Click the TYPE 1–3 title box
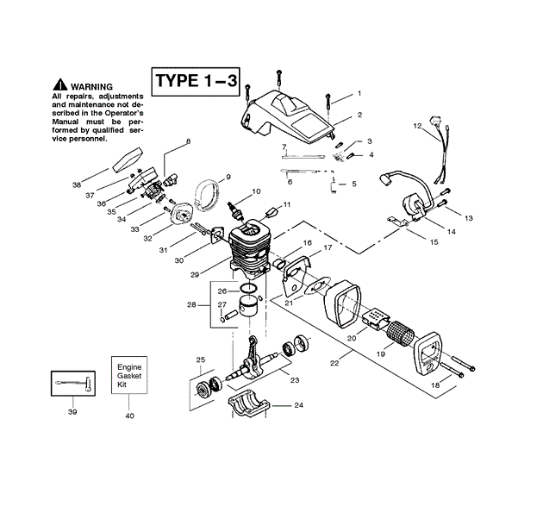[196, 82]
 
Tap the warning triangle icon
[60, 84]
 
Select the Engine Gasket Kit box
[129, 375]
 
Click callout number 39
[72, 412]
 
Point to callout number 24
[298, 405]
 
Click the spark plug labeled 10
[235, 209]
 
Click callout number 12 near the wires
[417, 126]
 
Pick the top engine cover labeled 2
[285, 116]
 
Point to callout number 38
[77, 185]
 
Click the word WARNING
[91, 86]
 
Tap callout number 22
[334, 363]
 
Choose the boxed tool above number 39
[73, 383]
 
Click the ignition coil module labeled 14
[413, 206]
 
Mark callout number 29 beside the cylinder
[195, 275]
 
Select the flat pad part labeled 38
[127, 160]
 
